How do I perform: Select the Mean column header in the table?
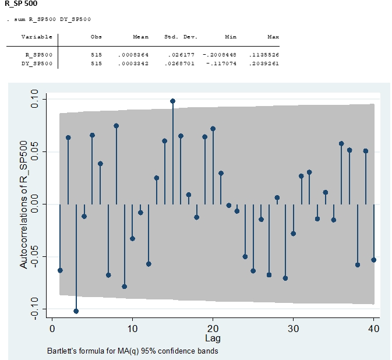tap(140, 37)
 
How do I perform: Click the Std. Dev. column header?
tap(181, 37)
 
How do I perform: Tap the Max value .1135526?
tap(265, 54)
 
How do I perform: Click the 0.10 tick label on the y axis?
tap(34, 100)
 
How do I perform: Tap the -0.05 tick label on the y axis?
tap(34, 256)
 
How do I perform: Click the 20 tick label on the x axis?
tap(213, 329)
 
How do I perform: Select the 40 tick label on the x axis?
tap(373, 329)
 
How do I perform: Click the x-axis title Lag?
tap(213, 338)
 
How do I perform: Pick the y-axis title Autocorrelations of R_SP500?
tap(24, 204)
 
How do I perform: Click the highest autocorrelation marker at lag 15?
tap(173, 101)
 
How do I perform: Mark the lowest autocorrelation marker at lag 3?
tap(76, 311)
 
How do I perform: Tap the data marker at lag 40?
tap(373, 260)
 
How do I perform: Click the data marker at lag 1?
tap(60, 270)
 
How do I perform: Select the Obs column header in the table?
tap(96, 37)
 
